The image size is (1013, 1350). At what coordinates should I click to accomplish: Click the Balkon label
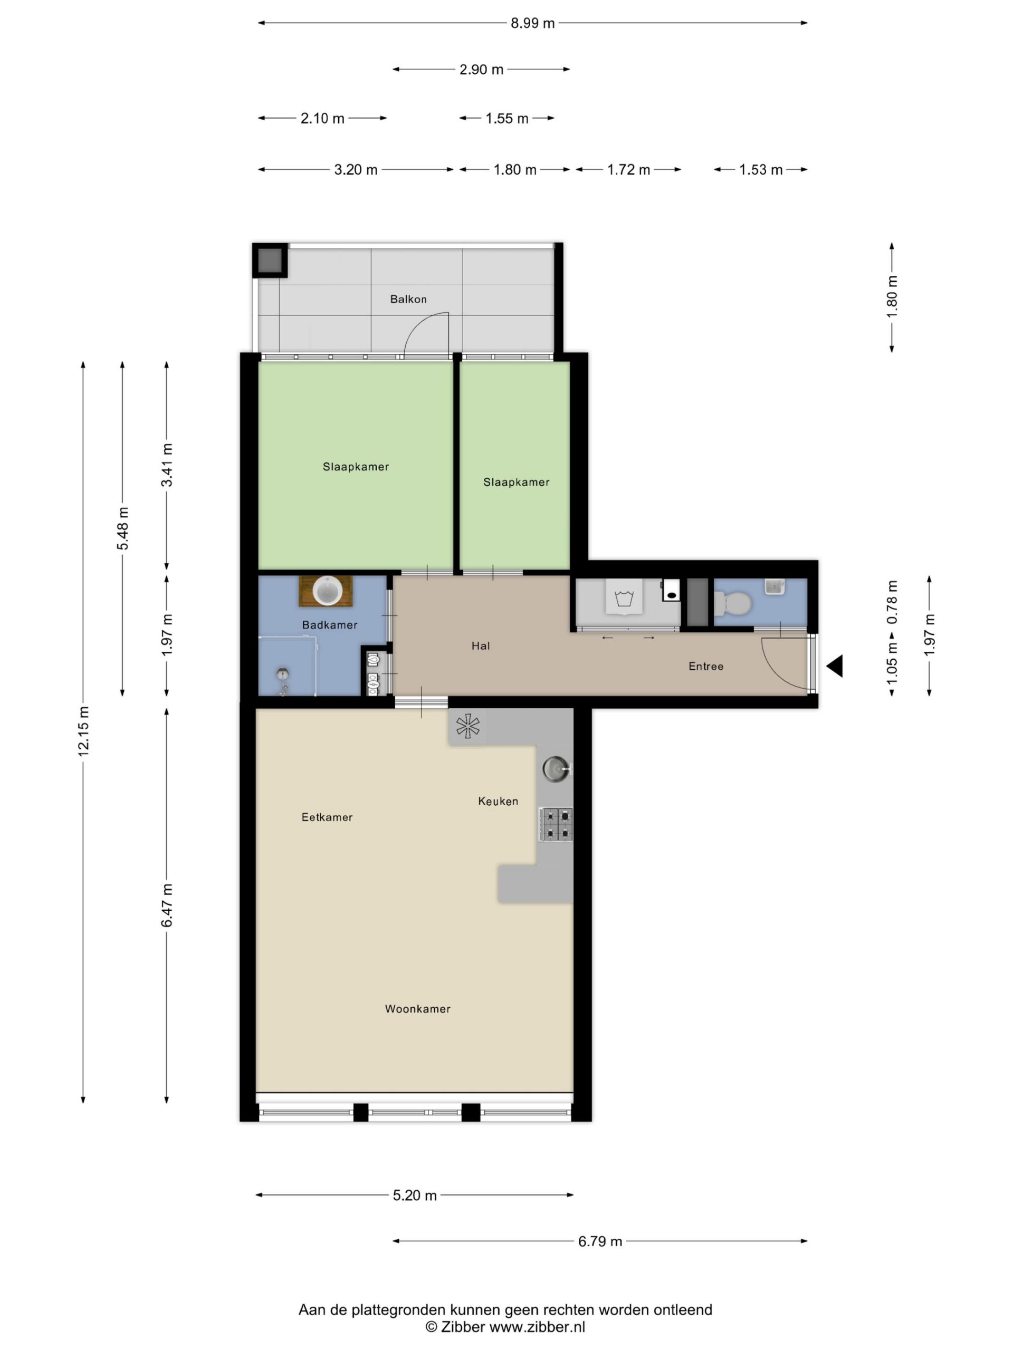pyautogui.click(x=408, y=299)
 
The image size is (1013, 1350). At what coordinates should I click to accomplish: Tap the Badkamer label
pyautogui.click(x=330, y=624)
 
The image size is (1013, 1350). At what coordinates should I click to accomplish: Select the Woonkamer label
pyautogui.click(x=418, y=1009)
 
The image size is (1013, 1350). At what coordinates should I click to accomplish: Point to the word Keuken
pyautogui.click(x=498, y=802)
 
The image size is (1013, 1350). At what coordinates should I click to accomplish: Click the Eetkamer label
pyautogui.click(x=327, y=817)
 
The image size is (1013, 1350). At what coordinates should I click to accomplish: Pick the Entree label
pyautogui.click(x=706, y=667)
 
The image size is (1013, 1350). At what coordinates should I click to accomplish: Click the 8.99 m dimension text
pyautogui.click(x=532, y=23)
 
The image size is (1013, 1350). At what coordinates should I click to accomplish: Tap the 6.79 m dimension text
pyautogui.click(x=600, y=1241)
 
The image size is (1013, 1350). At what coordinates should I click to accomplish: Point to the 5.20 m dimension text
pyautogui.click(x=415, y=1195)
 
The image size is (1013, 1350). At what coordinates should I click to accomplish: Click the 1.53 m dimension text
pyautogui.click(x=761, y=170)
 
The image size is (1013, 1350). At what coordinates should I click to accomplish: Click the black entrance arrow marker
pyautogui.click(x=835, y=666)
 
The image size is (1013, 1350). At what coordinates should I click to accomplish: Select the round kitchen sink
pyautogui.click(x=556, y=769)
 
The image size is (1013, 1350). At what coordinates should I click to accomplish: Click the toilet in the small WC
pyautogui.click(x=733, y=604)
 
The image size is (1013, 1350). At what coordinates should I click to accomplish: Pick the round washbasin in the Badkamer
pyautogui.click(x=327, y=591)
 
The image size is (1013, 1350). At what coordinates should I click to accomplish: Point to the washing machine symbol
pyautogui.click(x=624, y=597)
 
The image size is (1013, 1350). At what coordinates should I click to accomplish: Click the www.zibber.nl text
pyautogui.click(x=537, y=1327)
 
